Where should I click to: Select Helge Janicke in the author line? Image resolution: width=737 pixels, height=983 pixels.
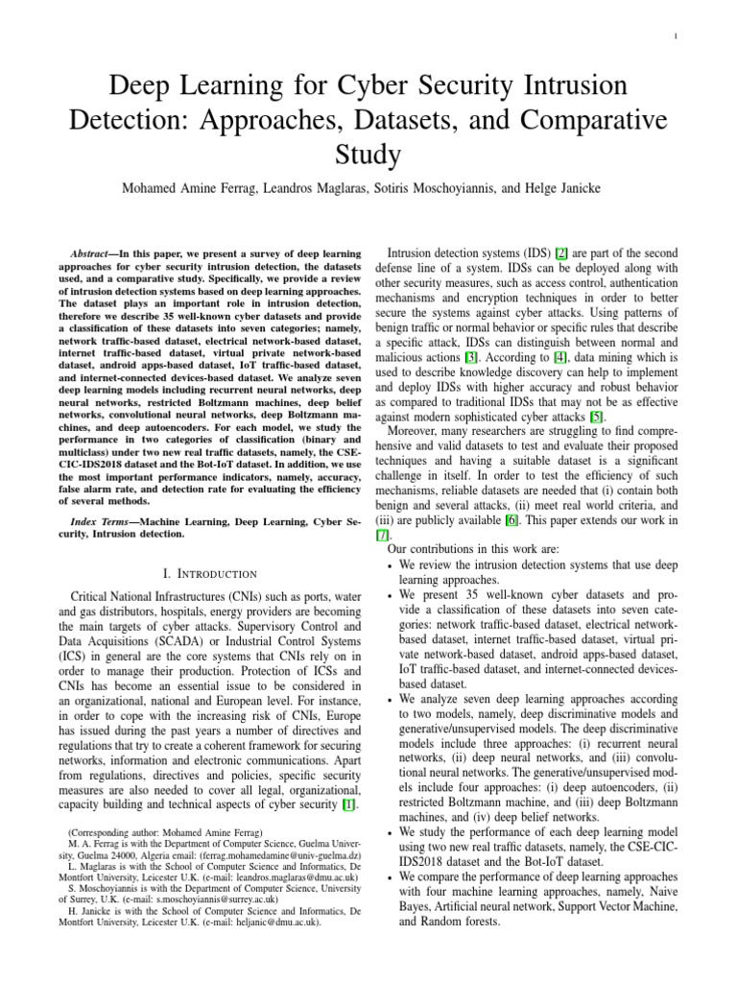tap(567, 189)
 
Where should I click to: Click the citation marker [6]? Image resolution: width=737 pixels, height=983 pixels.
tap(512, 520)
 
